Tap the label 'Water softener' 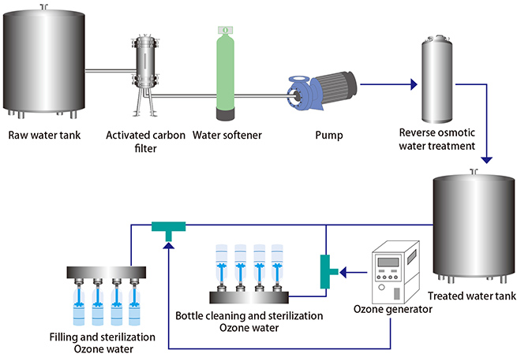pos(227,135)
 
